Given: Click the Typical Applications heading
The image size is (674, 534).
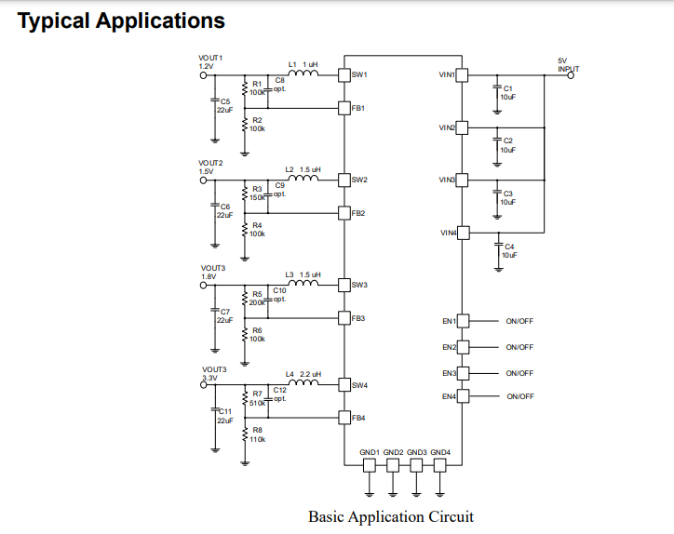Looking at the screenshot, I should (121, 20).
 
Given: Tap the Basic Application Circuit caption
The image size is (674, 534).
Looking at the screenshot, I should (390, 516).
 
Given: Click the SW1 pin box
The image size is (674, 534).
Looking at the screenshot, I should (344, 74).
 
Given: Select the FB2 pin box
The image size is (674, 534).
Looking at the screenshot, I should (344, 213).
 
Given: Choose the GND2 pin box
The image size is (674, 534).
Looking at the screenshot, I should (393, 464).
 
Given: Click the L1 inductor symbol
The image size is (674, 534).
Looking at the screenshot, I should (303, 73).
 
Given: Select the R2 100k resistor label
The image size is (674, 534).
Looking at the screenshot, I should (257, 124).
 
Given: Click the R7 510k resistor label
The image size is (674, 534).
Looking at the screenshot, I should (257, 398).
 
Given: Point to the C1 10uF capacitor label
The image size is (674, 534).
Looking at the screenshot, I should (507, 92).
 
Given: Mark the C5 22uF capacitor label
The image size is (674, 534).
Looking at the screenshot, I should (223, 105).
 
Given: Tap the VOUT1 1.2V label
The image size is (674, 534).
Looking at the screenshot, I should (209, 62).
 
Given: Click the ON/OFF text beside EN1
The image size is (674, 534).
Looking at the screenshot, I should (519, 321).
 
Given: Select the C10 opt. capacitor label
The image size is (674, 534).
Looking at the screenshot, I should (279, 295).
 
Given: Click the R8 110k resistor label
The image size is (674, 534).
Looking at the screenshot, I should (257, 434).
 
